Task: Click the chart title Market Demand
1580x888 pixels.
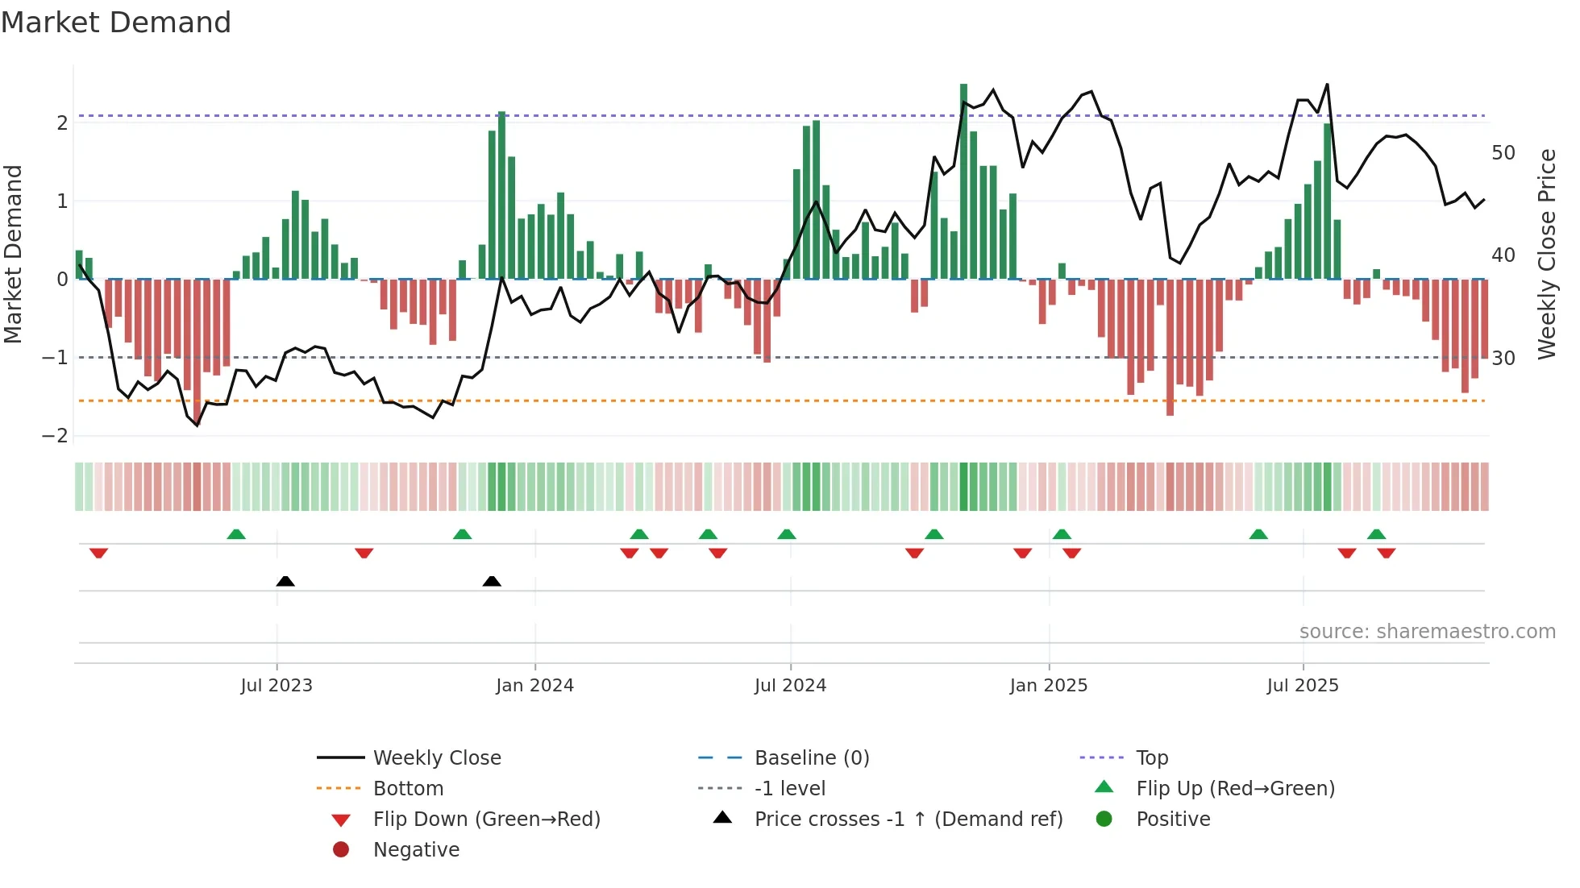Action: [116, 23]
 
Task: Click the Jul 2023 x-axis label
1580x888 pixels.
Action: [276, 686]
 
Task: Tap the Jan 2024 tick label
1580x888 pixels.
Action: [534, 686]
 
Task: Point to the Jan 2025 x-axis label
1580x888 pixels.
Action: [1048, 686]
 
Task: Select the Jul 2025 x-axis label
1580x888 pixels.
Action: [1302, 686]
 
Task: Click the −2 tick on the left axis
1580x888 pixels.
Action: [56, 436]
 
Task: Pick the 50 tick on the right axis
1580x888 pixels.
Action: [1503, 153]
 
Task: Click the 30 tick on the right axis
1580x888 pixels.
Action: [1503, 358]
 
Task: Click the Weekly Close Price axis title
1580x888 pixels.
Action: [1546, 254]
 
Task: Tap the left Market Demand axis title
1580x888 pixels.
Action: [13, 254]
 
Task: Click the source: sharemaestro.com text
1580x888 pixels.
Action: [1427, 632]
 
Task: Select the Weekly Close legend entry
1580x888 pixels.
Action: [436, 758]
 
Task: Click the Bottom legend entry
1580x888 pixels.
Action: [408, 789]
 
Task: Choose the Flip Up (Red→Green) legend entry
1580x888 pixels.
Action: [1235, 789]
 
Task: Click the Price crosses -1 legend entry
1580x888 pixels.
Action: [908, 820]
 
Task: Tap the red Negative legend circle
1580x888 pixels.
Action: [341, 850]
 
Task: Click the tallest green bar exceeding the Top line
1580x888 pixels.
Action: [963, 181]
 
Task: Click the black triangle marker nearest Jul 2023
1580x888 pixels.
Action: [285, 581]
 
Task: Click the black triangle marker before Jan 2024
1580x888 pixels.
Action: [492, 581]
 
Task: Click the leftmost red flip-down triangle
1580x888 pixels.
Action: [98, 553]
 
